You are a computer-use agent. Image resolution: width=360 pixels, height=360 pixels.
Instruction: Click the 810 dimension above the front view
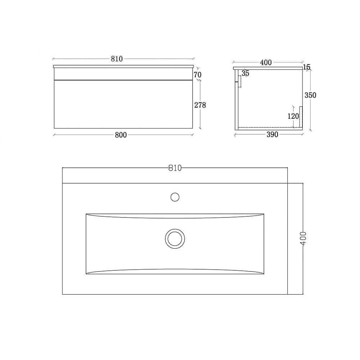coord(117,59)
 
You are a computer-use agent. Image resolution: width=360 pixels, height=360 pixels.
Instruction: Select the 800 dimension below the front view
coord(121,135)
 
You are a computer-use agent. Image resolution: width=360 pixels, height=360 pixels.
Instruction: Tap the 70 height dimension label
coord(197,75)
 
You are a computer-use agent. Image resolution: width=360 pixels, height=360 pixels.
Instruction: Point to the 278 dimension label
coord(200,105)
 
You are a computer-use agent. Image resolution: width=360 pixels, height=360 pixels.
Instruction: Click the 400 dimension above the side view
coord(266,63)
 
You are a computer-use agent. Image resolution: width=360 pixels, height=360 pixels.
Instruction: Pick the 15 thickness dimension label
coord(307,67)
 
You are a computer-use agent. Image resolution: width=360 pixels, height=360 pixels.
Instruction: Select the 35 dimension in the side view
coord(246,73)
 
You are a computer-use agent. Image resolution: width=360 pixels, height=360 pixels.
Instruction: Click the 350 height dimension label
coord(310,95)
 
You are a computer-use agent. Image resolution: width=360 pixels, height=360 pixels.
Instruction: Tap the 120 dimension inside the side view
coord(293,116)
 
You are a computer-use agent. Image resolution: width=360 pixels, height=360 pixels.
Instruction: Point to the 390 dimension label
coord(272,135)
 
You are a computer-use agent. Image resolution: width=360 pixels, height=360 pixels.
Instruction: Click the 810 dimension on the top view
coord(175,168)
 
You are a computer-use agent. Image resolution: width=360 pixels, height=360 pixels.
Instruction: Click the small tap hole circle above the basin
coord(175,197)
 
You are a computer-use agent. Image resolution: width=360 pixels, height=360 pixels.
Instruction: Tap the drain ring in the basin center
coord(175,238)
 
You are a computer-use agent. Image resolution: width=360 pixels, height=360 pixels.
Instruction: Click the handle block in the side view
coord(238,82)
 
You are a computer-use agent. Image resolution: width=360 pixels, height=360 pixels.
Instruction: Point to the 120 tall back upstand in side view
coord(301,117)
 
